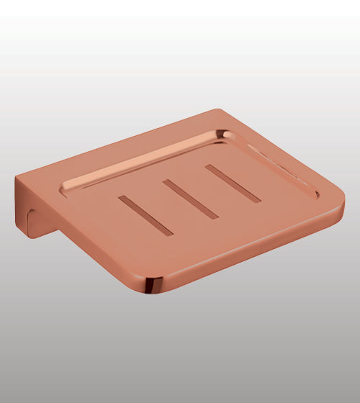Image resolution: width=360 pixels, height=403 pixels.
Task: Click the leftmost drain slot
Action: point(146,215)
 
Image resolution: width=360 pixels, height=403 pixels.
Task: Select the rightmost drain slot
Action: point(232,183)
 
